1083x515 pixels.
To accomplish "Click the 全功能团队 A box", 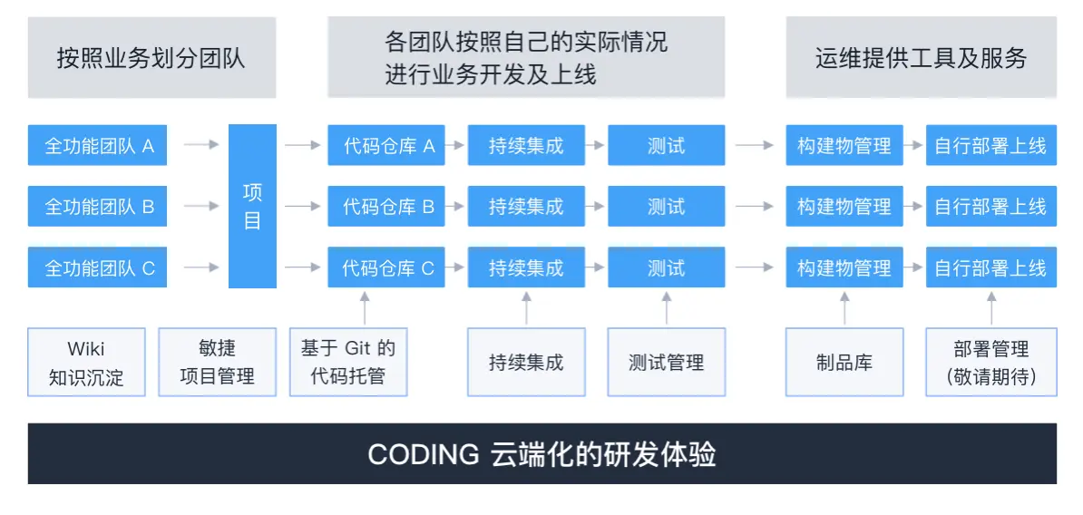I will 97,145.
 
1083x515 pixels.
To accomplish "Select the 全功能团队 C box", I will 97,268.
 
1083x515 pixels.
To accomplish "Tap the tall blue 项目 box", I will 252,207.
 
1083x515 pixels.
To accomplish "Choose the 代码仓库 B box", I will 386,207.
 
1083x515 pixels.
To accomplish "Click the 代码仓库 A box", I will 386,145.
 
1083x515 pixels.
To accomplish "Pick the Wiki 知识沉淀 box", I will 87,363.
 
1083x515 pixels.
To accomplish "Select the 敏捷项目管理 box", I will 218,363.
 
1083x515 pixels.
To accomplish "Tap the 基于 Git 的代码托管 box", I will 348,363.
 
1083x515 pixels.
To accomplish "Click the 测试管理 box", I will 667,363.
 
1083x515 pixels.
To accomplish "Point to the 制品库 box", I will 844,363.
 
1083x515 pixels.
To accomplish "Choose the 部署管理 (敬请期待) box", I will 991,363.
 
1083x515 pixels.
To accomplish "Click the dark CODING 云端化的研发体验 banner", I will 541,453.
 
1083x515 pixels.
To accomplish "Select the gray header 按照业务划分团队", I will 151,58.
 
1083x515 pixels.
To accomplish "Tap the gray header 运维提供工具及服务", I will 921,58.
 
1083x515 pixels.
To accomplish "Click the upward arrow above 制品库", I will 844,307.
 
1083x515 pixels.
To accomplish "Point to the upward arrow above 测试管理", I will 667,307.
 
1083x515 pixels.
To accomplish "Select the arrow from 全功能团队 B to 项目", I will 200,207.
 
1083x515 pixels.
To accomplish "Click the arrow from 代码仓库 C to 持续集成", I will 456,268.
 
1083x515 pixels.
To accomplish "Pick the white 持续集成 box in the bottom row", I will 526,363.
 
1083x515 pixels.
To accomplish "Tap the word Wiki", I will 86,349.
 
